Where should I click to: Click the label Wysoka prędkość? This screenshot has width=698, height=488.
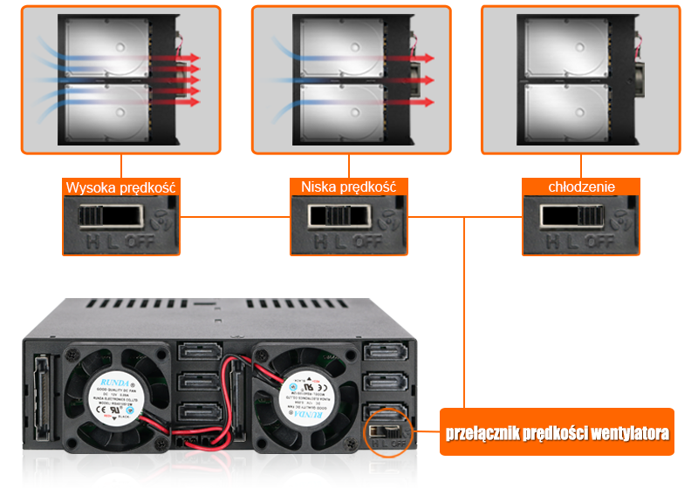[x=121, y=187]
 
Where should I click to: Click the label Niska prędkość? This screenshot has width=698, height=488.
[x=348, y=187]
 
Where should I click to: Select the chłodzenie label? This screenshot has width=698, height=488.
[x=581, y=187]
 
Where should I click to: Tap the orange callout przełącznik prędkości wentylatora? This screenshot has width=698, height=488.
[x=557, y=432]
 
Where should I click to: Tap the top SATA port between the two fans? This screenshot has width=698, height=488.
[x=200, y=351]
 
